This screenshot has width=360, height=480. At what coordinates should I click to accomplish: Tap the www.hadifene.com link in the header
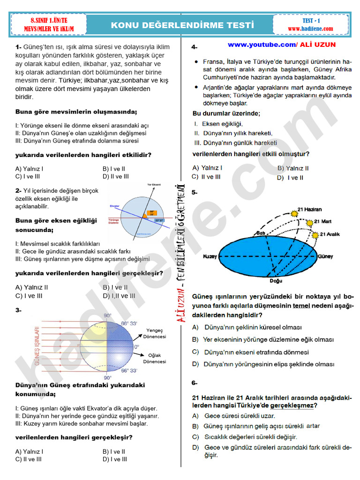click(310, 29)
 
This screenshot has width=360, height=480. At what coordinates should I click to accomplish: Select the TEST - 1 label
click(311, 21)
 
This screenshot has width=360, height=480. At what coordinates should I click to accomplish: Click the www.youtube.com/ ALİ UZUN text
click(282, 45)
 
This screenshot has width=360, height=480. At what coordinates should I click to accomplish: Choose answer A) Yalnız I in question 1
click(30, 169)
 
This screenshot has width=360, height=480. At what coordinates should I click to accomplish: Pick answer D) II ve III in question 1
click(115, 176)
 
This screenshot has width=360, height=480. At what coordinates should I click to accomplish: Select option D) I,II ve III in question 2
click(119, 296)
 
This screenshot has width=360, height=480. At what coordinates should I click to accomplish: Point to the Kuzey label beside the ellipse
click(210, 256)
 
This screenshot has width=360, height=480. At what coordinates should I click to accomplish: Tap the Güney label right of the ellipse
click(325, 256)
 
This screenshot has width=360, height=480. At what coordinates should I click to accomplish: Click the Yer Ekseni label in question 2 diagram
click(154, 184)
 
